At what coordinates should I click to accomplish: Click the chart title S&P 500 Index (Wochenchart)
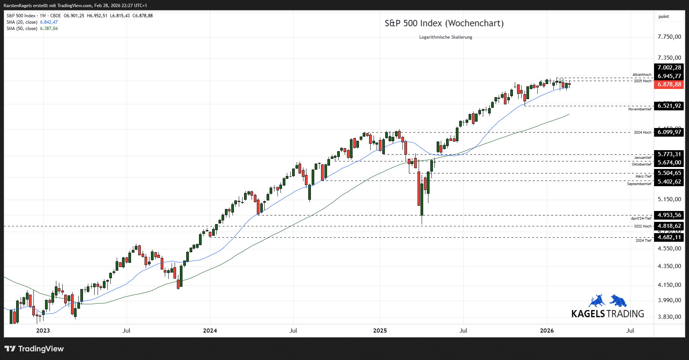[444, 23]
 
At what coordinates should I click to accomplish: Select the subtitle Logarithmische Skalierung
[445, 37]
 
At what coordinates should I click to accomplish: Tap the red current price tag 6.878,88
[669, 84]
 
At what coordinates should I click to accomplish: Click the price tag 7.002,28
[669, 68]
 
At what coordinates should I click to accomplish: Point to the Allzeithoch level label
[642, 75]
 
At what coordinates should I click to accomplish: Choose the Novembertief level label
[640, 109]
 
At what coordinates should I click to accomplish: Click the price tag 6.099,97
[669, 132]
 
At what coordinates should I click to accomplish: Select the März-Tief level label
[643, 176]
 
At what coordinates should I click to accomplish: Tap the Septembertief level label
[639, 184]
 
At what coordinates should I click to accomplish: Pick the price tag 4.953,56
[669, 215]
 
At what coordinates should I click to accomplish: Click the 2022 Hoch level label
[642, 226]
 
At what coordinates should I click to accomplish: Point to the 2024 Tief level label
[643, 241]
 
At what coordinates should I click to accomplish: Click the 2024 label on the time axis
[210, 331]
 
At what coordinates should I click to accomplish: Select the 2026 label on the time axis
[547, 331]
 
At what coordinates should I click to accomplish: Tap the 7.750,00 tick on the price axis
[669, 37]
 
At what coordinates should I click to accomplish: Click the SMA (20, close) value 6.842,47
[49, 22]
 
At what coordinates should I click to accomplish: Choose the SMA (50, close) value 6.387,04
[49, 29]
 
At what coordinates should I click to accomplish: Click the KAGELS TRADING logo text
[608, 314]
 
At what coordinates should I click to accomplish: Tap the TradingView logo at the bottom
[34, 349]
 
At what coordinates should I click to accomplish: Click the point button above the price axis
[663, 17]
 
